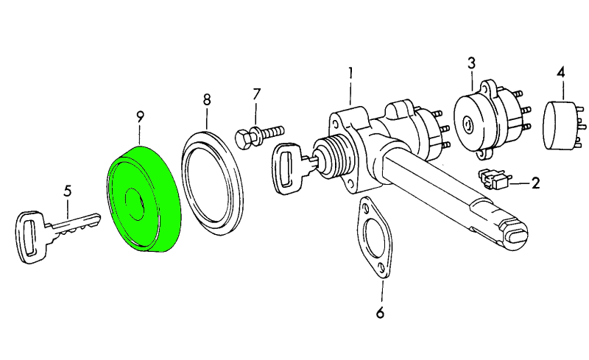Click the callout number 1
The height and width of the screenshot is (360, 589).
350,73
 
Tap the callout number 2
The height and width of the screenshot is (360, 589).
535,183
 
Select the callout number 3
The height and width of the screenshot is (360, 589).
471,63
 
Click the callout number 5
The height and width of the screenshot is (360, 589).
67,191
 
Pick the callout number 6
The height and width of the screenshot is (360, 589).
380,313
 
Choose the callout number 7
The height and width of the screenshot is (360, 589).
256,94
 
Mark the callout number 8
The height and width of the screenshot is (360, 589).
207,99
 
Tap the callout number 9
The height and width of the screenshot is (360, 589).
140,117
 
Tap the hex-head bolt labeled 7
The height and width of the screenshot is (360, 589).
259,135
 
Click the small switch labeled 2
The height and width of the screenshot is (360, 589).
493,179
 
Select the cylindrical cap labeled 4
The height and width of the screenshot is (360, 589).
563,125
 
